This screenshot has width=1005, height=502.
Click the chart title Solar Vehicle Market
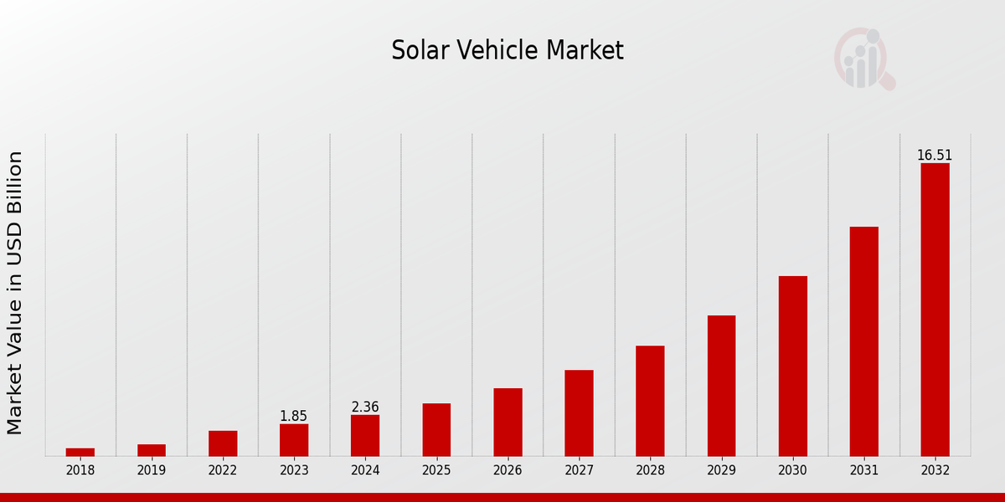[x=508, y=51]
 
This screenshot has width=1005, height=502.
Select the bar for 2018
[x=80, y=452]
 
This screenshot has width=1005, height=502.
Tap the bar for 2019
[x=152, y=450]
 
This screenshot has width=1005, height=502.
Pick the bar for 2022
[x=223, y=443]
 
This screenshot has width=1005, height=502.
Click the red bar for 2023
[x=294, y=440]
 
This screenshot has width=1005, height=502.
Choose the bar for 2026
[x=508, y=422]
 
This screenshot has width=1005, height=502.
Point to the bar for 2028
[x=650, y=401]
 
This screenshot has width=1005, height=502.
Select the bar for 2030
[x=792, y=366]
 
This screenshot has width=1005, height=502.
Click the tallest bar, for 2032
[x=935, y=310]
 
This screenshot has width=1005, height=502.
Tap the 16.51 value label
[x=935, y=156]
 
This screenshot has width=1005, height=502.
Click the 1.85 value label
[x=294, y=416]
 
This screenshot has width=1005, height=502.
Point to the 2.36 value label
[x=365, y=407]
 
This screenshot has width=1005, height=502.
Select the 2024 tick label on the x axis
[x=365, y=471]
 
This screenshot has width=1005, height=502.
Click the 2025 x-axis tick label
[x=436, y=471]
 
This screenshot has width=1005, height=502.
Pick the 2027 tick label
[x=579, y=471]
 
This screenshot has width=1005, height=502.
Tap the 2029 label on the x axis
[x=721, y=471]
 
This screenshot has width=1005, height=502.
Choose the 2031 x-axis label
[x=863, y=471]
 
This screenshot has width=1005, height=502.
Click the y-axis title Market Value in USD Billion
[x=15, y=293]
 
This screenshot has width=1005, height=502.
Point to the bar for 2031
[x=863, y=341]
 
